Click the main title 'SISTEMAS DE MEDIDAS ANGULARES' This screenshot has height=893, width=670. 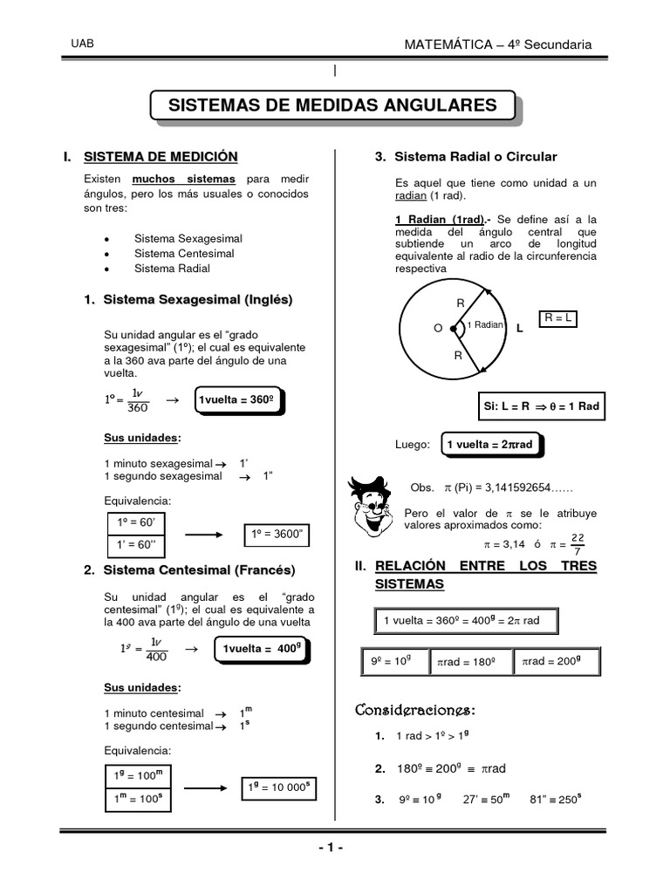pos(332,106)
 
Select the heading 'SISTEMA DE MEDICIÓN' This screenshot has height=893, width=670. pos(161,157)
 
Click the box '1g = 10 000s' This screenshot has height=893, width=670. pos(276,787)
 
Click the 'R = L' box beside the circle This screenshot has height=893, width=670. pos(558,319)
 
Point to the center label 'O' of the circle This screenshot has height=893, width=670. pos(438,328)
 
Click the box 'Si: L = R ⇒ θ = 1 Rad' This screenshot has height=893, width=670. pos(541,406)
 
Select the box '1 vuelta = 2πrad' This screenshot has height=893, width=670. pos(491,445)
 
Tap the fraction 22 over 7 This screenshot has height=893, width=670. pos(577,543)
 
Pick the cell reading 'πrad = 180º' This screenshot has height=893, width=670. pos(469,662)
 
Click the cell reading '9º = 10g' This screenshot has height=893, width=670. pos(392,662)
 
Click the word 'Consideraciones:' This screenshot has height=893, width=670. pos(414,709)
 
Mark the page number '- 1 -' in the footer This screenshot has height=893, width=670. pos(332,848)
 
